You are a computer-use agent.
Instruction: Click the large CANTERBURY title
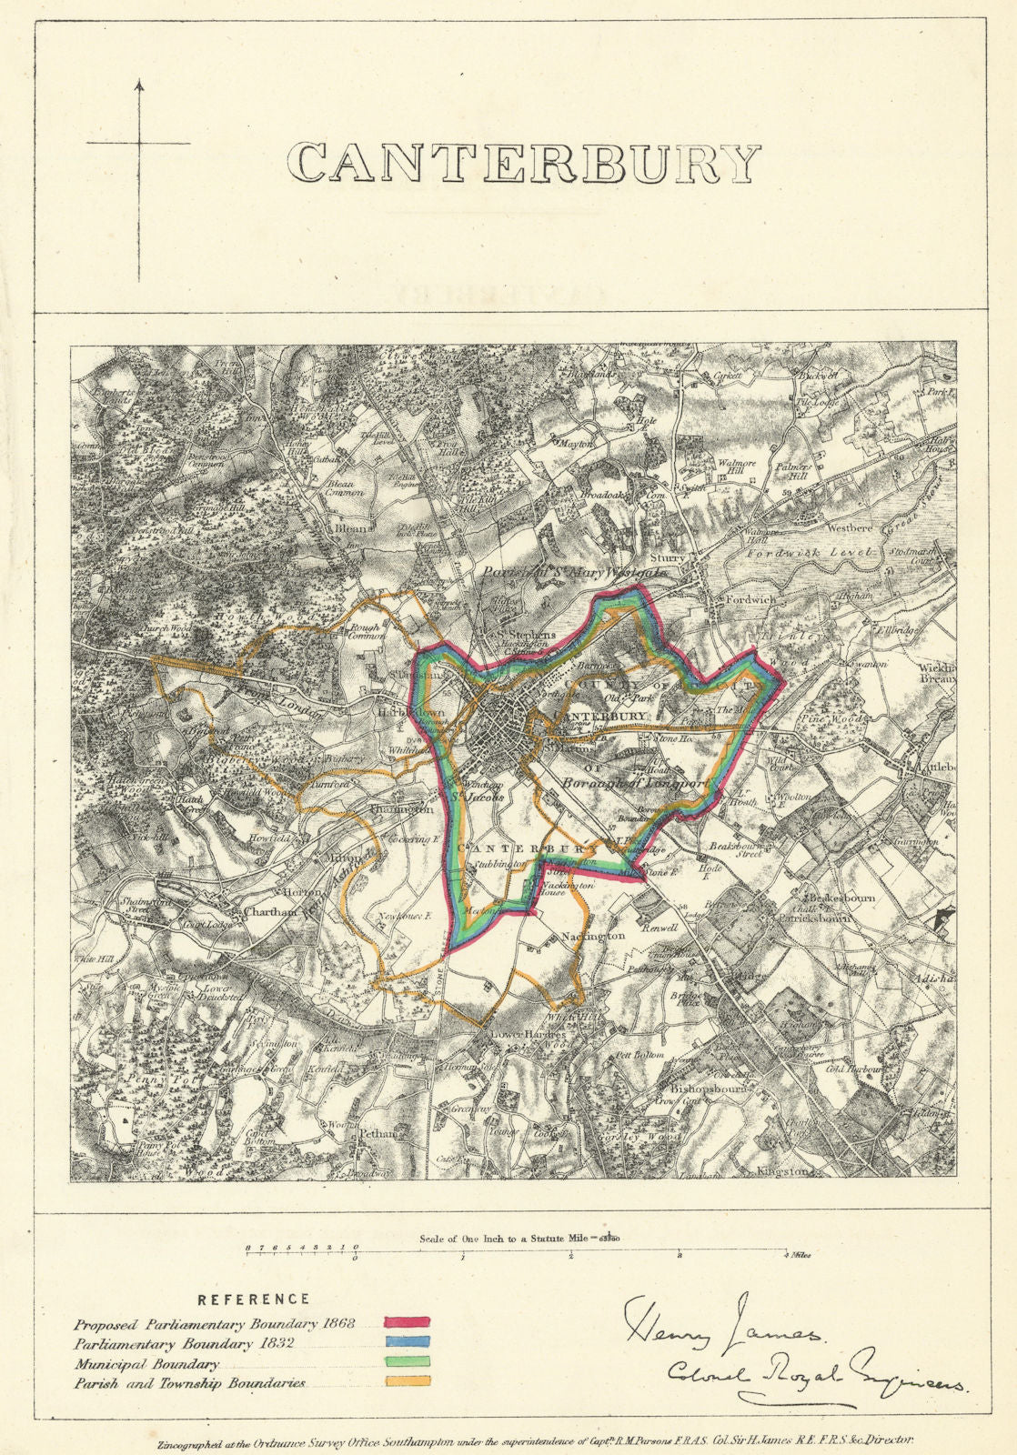click(523, 164)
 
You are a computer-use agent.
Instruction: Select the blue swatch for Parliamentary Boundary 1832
click(408, 1343)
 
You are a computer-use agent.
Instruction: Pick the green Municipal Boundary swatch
click(408, 1362)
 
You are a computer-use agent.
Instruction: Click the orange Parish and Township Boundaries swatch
click(408, 1381)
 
